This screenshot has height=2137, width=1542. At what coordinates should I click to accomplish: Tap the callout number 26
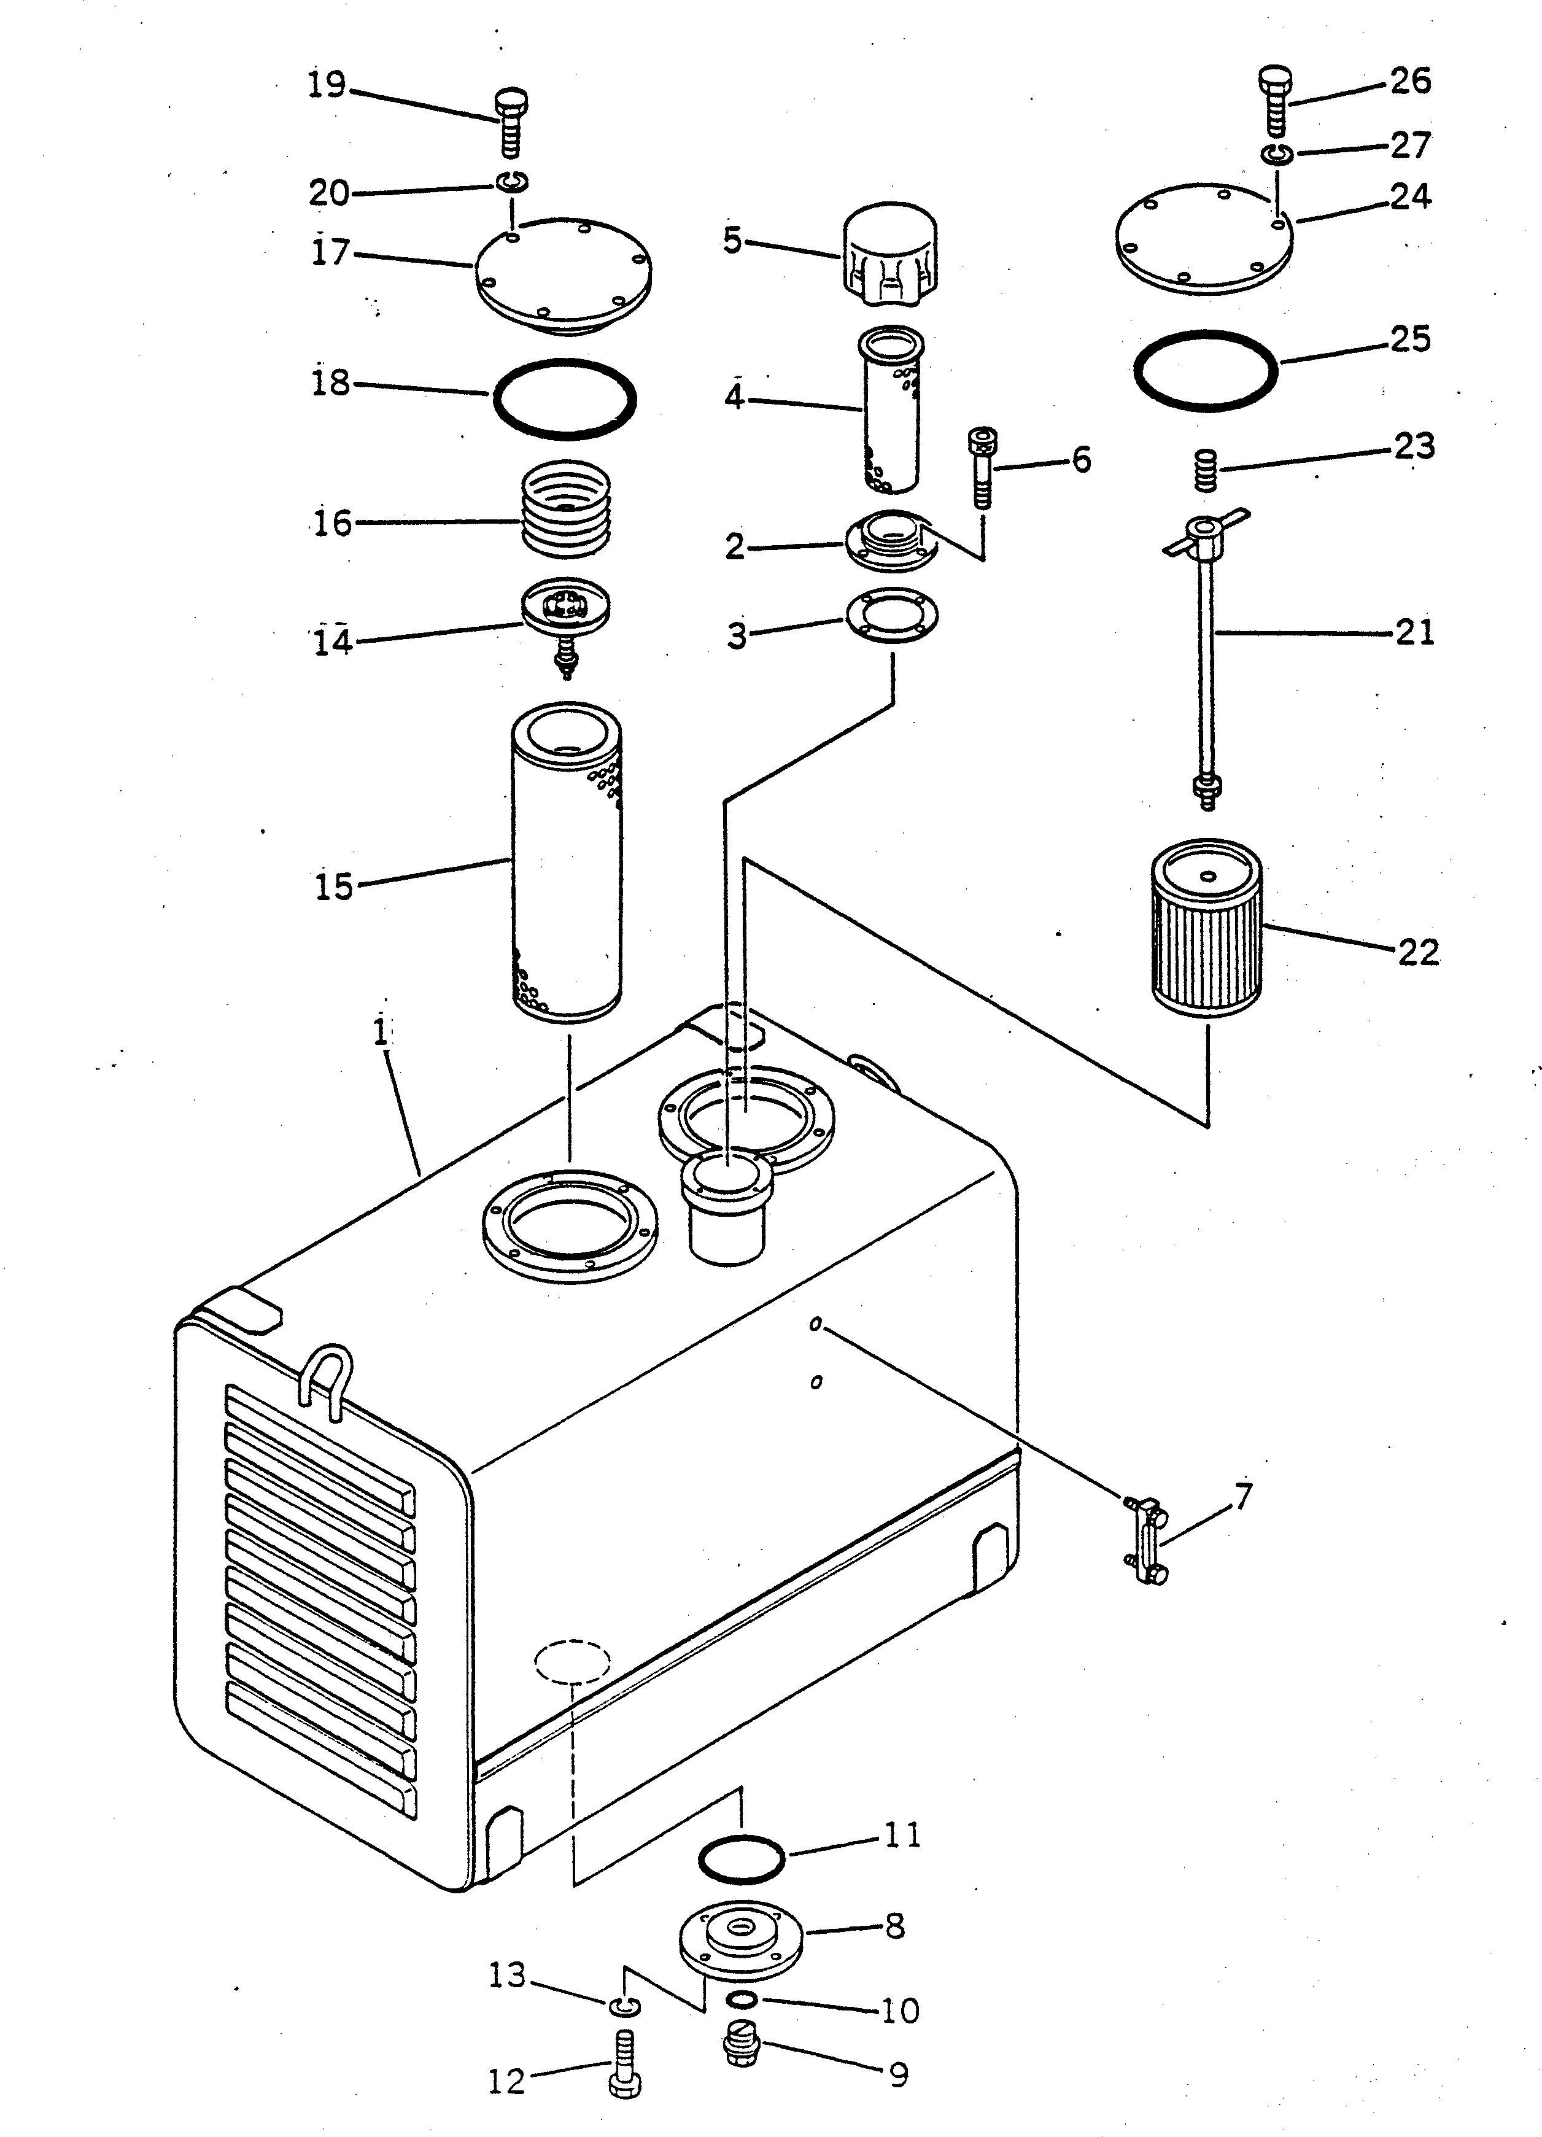point(1410,81)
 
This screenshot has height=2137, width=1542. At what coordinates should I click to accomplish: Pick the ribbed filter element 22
point(1207,928)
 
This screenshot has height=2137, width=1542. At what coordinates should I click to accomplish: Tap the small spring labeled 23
point(1206,470)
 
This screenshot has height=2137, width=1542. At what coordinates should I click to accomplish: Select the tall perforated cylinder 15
point(566,862)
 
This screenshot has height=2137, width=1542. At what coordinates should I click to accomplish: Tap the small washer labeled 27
point(1278,153)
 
